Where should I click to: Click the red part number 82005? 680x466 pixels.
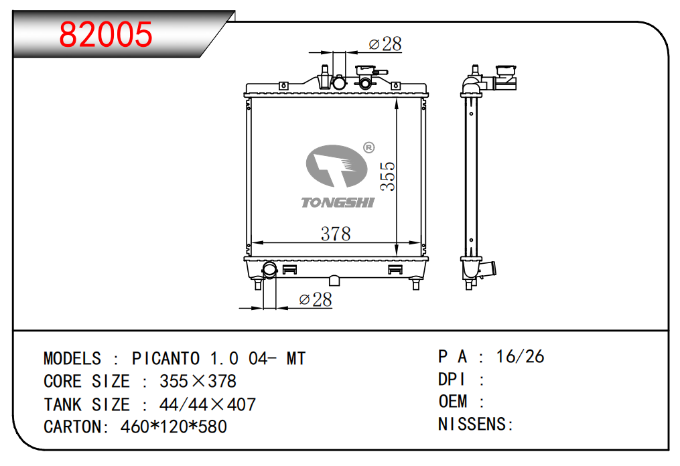tap(106, 34)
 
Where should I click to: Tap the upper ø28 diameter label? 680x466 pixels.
tap(385, 44)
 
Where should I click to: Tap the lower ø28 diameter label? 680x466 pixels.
tap(316, 299)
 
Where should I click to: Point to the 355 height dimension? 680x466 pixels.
tap(388, 176)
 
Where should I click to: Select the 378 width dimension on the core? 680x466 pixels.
tap(336, 234)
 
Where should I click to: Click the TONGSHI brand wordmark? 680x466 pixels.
tap(338, 202)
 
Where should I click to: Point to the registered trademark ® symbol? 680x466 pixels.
tap(368, 148)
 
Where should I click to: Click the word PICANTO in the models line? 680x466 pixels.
tap(165, 358)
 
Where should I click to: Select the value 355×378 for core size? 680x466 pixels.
tap(198, 382)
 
